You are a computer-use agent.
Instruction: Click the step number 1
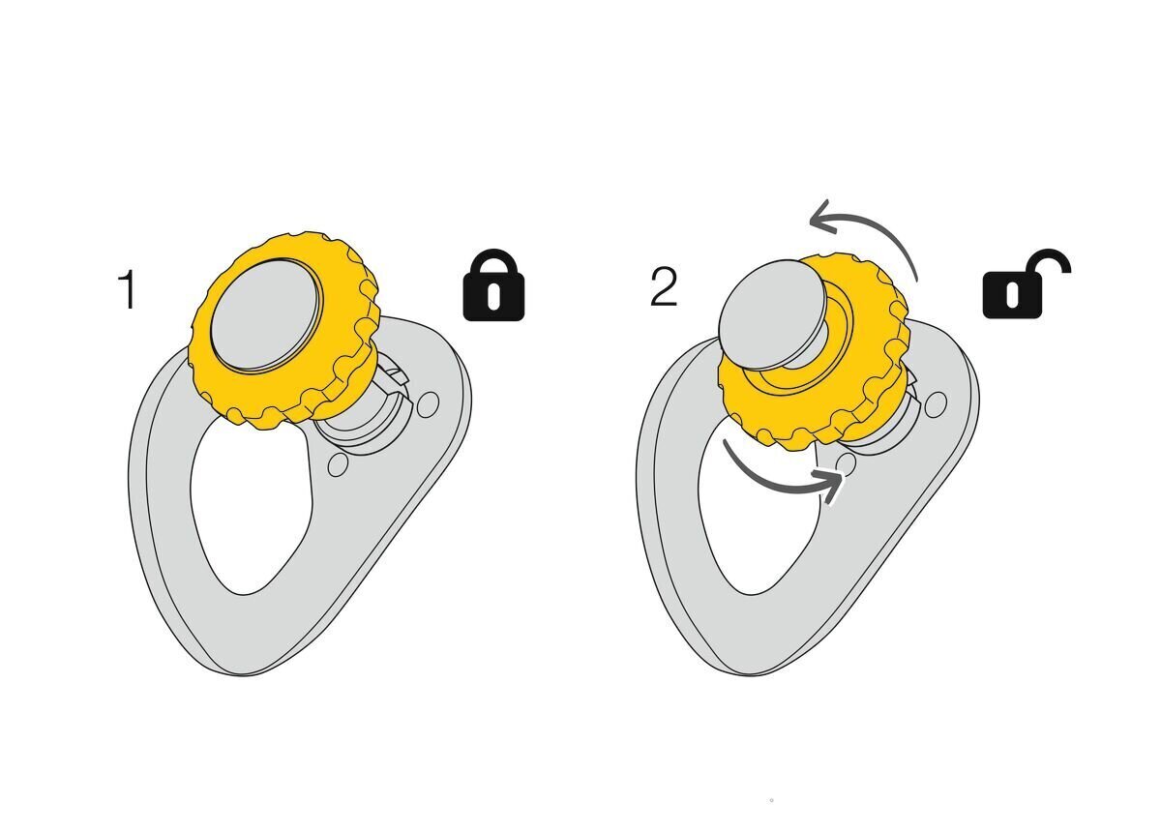click(x=128, y=289)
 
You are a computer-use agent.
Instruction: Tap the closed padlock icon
click(x=493, y=285)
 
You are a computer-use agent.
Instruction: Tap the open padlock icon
click(x=1027, y=284)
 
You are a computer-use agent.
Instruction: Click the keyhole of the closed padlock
click(x=493, y=296)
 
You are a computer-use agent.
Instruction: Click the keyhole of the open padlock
click(x=1012, y=294)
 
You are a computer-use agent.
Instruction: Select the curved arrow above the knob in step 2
click(x=864, y=236)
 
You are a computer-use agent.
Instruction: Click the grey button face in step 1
click(x=266, y=315)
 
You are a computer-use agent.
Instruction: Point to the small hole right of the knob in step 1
click(x=428, y=404)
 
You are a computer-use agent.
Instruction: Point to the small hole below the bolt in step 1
click(x=338, y=464)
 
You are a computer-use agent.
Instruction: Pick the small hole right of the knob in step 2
click(x=935, y=404)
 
